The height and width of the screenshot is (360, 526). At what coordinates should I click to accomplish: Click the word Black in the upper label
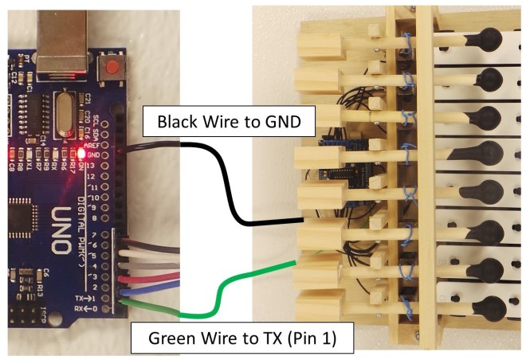click(x=175, y=123)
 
